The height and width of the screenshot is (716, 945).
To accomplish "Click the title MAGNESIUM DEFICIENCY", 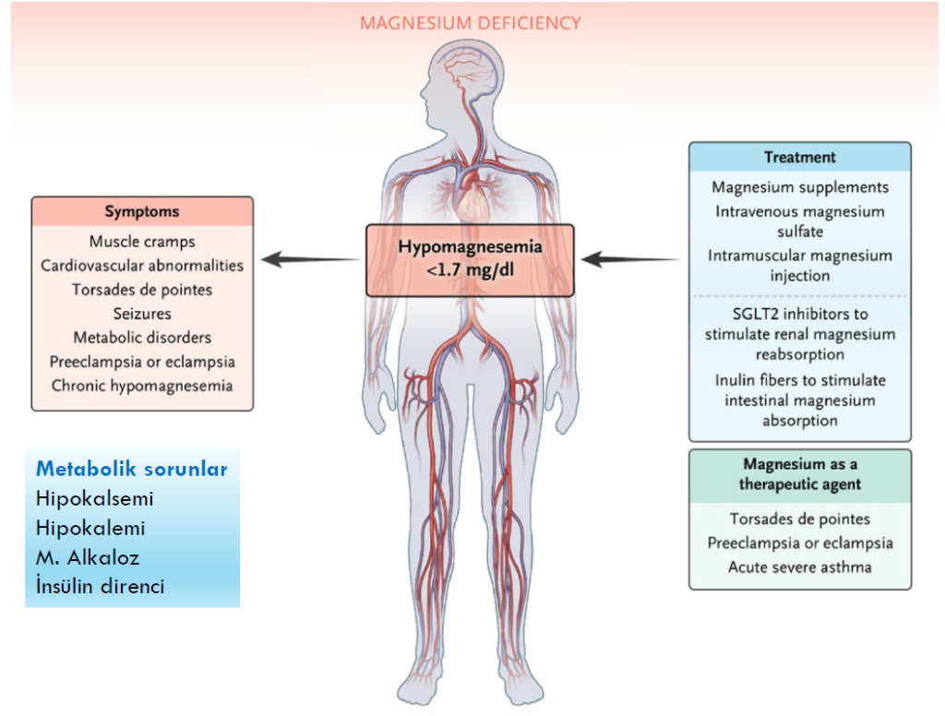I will click(x=471, y=22).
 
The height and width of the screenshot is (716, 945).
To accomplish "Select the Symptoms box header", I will click(x=142, y=211).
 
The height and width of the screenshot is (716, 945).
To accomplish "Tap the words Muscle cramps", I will click(x=142, y=242).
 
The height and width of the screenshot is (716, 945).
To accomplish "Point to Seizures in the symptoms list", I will click(x=142, y=314).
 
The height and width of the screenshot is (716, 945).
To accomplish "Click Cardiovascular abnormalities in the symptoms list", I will click(x=142, y=266).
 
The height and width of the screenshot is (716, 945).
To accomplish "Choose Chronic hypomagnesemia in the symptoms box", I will click(x=142, y=386).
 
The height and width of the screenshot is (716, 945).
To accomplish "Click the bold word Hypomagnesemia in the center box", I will click(x=470, y=247).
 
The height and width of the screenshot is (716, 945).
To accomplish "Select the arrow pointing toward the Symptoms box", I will click(x=310, y=260).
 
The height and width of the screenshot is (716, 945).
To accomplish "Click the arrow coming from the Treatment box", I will click(x=631, y=260).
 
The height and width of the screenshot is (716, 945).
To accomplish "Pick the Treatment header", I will click(x=800, y=158).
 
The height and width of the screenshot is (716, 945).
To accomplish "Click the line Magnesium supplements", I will click(x=800, y=187).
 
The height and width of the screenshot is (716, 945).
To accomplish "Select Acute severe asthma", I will click(x=800, y=567).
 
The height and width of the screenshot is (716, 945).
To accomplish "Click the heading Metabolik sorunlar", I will click(x=132, y=469).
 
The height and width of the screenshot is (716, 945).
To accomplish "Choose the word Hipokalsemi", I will click(x=95, y=498).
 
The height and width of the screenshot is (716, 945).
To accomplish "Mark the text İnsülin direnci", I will click(x=101, y=586).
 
